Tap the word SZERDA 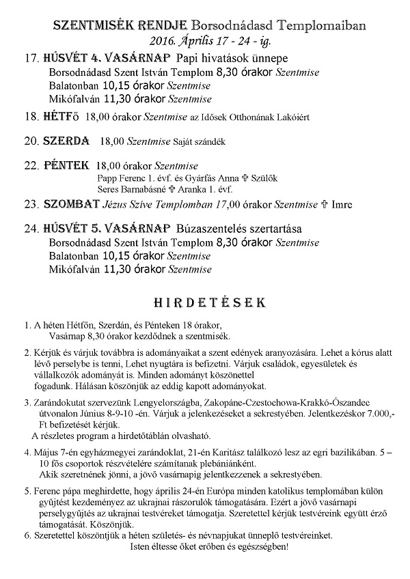[67, 141]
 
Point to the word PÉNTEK [66, 165]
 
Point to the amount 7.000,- [390, 414]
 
